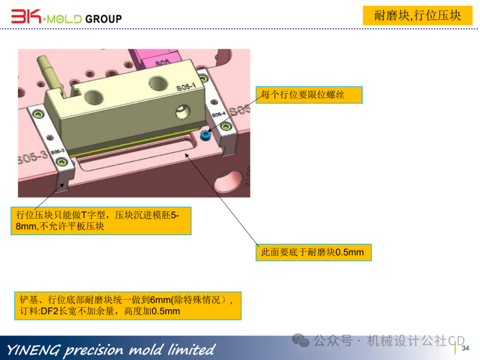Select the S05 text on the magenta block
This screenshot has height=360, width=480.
[x=162, y=63]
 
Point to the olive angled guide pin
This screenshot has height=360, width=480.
[x=49, y=71]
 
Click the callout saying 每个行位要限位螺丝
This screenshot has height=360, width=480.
[x=309, y=95]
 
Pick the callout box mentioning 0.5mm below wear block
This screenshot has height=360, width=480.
[x=313, y=252]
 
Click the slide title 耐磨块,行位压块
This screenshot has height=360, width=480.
[x=417, y=16]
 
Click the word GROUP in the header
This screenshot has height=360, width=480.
[x=103, y=19]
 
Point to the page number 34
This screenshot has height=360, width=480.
[x=465, y=348]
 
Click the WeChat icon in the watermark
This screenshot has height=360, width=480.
[x=304, y=341]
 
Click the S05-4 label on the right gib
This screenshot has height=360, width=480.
[x=218, y=115]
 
